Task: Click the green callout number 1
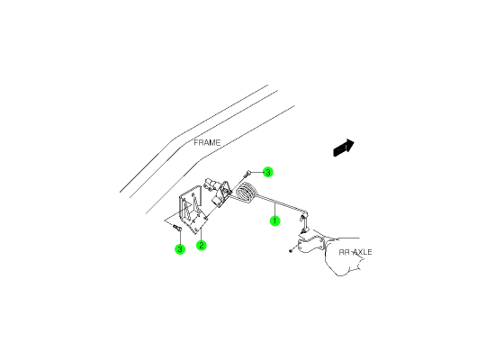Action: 275,220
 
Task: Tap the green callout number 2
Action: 201,246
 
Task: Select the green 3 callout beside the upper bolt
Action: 267,172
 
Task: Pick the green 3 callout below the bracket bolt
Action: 180,248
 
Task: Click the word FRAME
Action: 207,143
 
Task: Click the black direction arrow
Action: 344,148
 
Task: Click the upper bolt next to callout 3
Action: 247,174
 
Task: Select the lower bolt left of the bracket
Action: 176,228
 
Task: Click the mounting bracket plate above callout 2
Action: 193,210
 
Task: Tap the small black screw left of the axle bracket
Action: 291,251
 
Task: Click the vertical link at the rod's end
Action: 303,222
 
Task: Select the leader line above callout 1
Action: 275,210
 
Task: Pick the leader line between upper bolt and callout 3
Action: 256,172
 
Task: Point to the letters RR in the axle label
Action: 345,252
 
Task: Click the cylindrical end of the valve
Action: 210,184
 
